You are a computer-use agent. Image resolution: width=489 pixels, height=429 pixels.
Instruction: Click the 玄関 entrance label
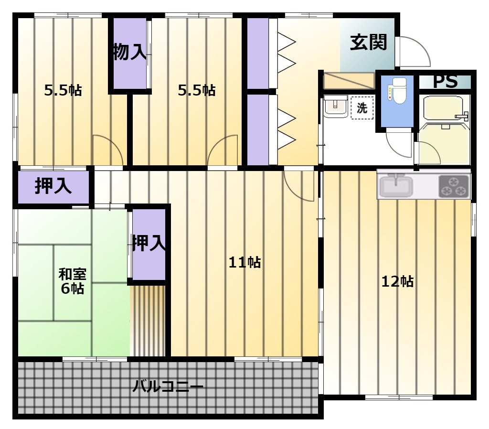tap(368, 43)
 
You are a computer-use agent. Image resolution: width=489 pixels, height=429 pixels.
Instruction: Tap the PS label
tap(446, 82)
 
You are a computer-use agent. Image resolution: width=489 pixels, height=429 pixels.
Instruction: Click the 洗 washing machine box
tap(362, 108)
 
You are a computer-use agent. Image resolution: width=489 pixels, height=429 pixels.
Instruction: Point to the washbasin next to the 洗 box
tap(336, 107)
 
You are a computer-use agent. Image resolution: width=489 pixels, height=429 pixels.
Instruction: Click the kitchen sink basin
tap(395, 186)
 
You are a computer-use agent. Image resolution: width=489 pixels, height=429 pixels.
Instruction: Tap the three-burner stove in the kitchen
tap(454, 186)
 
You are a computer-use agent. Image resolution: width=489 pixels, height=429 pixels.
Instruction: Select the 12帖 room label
tap(398, 281)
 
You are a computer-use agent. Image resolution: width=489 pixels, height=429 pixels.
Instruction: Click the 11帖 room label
tap(245, 262)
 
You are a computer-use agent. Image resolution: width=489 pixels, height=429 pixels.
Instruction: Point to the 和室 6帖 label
tap(73, 281)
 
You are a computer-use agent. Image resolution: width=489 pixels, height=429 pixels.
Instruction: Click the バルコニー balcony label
tap(168, 387)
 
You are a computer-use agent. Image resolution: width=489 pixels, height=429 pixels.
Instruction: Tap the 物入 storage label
tap(129, 52)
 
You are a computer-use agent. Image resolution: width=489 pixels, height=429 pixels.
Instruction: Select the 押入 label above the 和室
tap(53, 186)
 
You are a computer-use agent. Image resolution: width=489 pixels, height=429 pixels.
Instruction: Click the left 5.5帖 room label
tap(63, 90)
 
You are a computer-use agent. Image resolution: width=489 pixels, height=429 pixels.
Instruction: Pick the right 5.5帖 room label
tap(197, 90)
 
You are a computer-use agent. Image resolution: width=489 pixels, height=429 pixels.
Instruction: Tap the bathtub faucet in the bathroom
tap(463, 116)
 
